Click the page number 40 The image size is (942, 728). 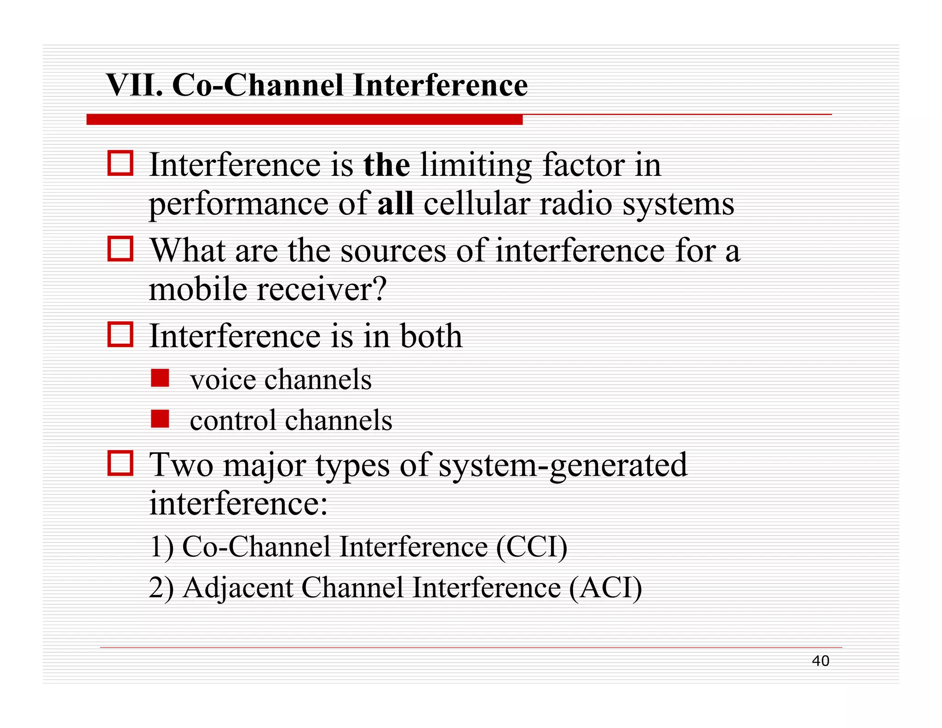coord(820,661)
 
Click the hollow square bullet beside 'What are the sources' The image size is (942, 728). coord(121,249)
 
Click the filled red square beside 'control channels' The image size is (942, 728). coord(160,419)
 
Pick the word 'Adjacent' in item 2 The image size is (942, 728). coord(238,588)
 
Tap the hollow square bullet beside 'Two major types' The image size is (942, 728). coord(121,463)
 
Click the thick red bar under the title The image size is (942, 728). coord(304,120)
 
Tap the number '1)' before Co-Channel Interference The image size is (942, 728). coord(161,547)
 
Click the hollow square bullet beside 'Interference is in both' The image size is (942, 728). coord(121,334)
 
